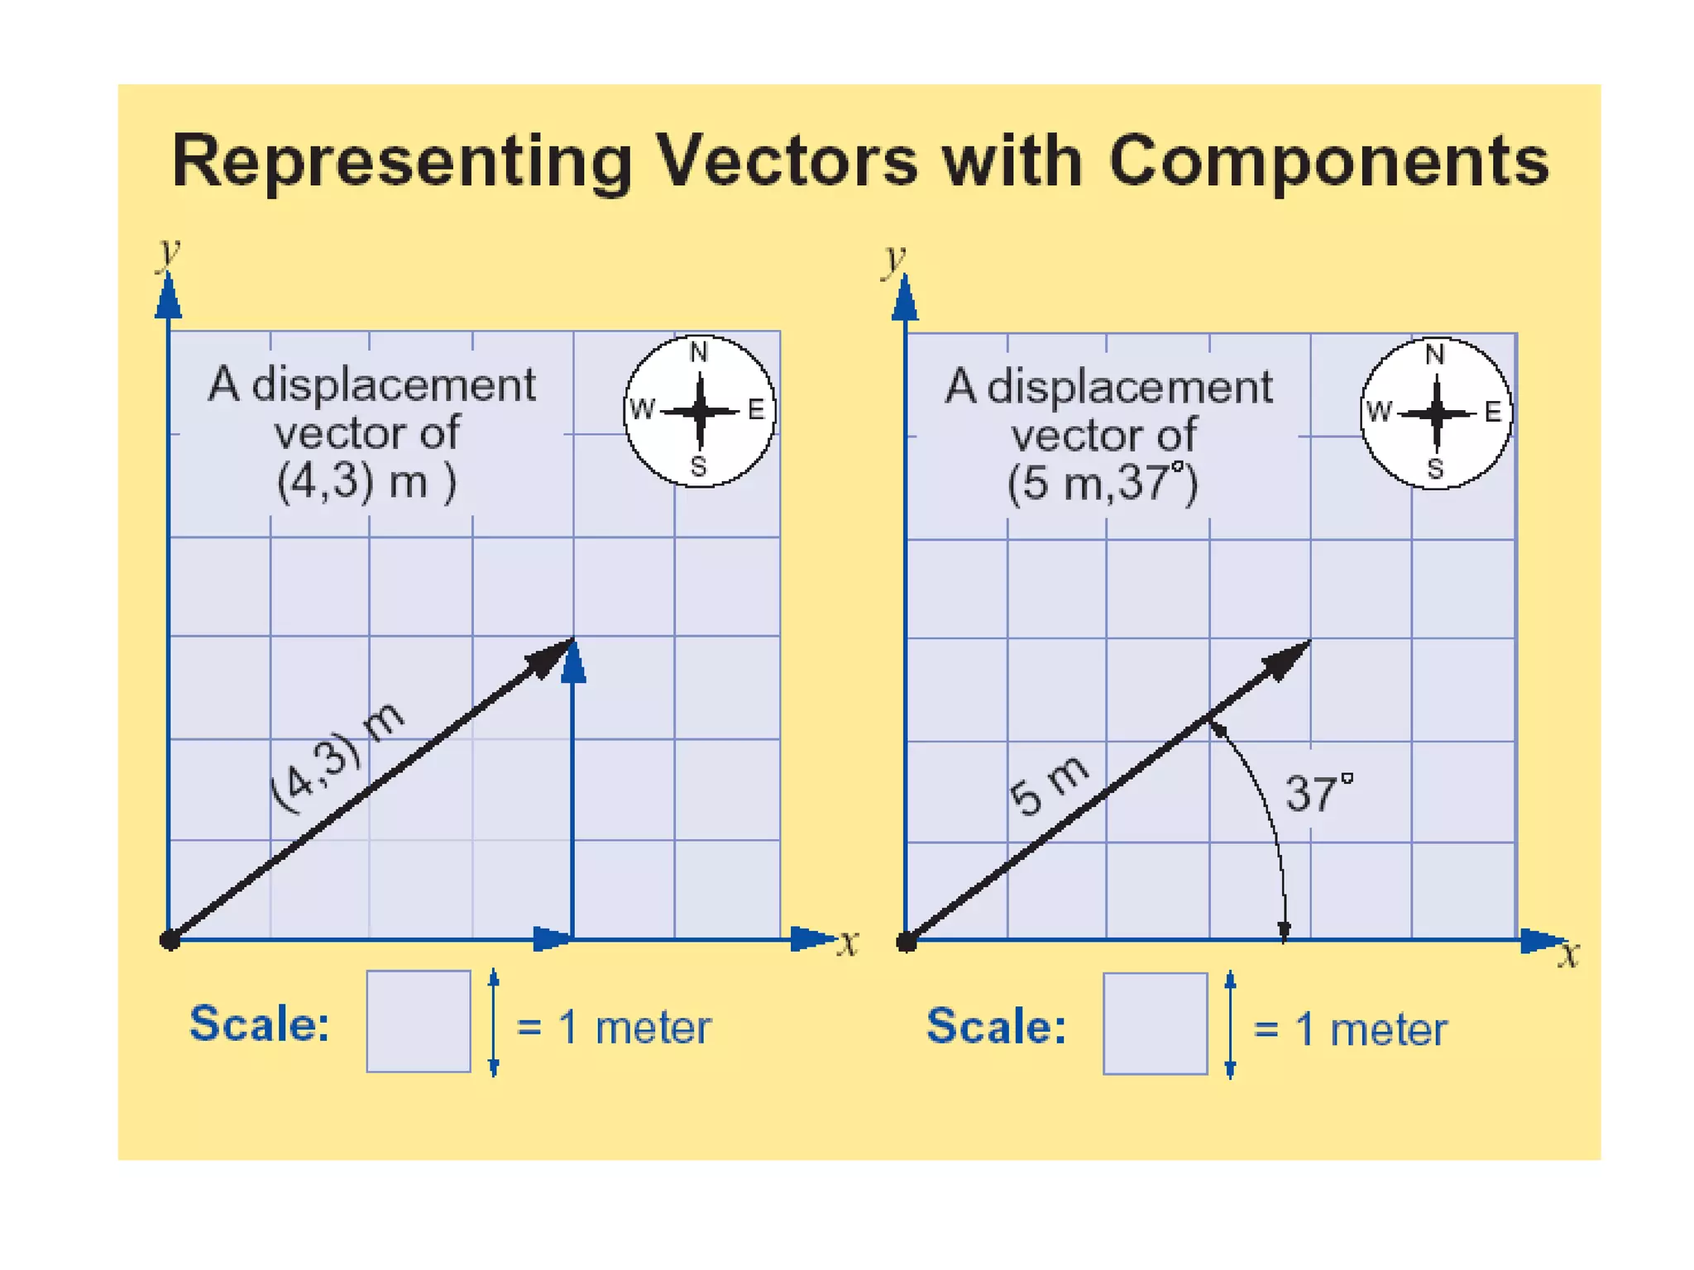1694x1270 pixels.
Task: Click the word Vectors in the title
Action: (786, 160)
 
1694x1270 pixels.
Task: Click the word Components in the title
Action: (1328, 162)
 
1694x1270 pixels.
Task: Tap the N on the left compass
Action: (699, 353)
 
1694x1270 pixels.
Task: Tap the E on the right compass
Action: (1492, 412)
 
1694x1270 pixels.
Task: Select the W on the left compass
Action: (641, 409)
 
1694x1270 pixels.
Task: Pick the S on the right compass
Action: (1435, 469)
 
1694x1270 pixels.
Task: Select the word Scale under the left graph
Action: (260, 1024)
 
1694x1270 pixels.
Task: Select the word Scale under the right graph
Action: (996, 1026)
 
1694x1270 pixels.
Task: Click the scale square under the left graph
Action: (419, 1021)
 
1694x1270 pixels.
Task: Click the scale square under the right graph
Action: (1155, 1024)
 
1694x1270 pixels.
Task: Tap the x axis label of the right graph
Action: (1568, 955)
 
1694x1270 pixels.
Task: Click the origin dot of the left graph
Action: (170, 940)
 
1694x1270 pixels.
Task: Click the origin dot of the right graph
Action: (907, 941)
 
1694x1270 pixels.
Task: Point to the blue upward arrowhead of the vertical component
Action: (573, 663)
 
